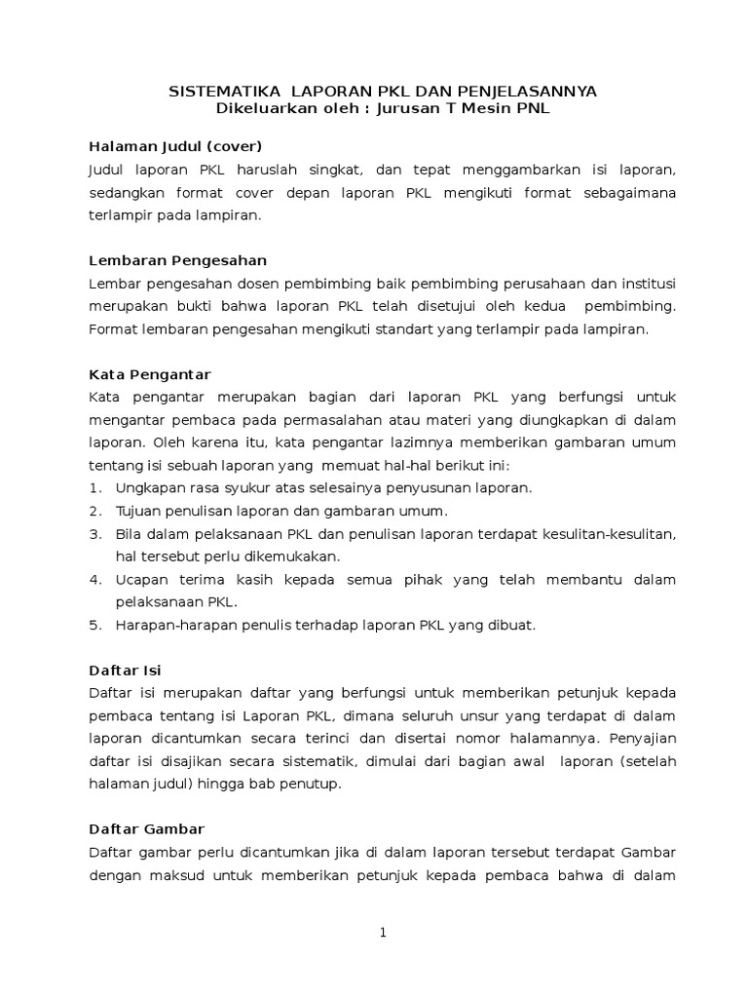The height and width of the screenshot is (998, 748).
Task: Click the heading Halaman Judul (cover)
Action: click(175, 147)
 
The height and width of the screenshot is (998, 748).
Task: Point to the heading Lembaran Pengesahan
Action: click(177, 261)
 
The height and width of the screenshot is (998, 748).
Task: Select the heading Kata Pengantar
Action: click(149, 375)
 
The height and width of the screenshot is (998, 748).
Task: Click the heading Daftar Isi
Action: click(125, 671)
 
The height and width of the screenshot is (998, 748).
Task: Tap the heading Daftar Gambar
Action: click(146, 829)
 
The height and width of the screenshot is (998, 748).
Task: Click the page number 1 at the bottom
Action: click(383, 933)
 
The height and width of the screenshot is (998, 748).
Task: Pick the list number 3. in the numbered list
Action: click(95, 534)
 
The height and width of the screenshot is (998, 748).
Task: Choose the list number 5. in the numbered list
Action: click(95, 625)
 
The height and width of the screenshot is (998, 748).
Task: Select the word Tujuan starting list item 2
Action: click(139, 511)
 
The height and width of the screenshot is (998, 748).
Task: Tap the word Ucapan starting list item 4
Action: click(142, 580)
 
